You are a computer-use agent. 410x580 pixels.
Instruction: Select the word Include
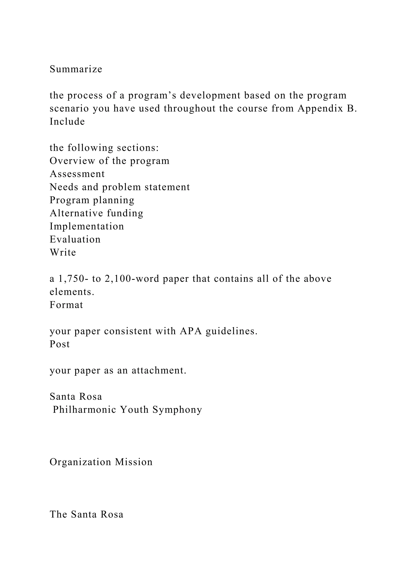(67, 122)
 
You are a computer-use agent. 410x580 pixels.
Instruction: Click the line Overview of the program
(109, 161)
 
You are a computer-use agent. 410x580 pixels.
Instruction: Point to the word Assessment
(77, 174)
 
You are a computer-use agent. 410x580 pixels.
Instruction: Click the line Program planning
(92, 200)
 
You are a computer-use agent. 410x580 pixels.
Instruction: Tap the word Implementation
(87, 226)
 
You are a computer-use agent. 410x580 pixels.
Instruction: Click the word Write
(63, 253)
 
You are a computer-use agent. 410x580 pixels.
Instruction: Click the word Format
(66, 305)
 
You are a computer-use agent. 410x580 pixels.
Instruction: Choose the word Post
(60, 344)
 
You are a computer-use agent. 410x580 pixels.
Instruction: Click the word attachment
(159, 371)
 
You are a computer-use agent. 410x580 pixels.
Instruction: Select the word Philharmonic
(84, 410)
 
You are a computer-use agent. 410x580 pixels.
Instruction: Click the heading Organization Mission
(101, 462)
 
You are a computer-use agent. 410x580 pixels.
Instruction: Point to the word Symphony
(177, 410)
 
